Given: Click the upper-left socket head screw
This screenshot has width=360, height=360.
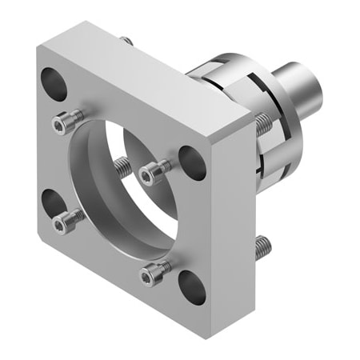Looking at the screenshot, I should click(65, 122).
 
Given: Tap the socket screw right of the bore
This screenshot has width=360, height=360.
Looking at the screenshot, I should click(154, 170).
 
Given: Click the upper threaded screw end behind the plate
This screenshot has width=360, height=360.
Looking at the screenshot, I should click(262, 121).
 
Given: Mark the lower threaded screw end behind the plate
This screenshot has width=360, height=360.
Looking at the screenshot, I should click(263, 248).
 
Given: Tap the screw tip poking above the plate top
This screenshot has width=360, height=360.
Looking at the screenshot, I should click(126, 40).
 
